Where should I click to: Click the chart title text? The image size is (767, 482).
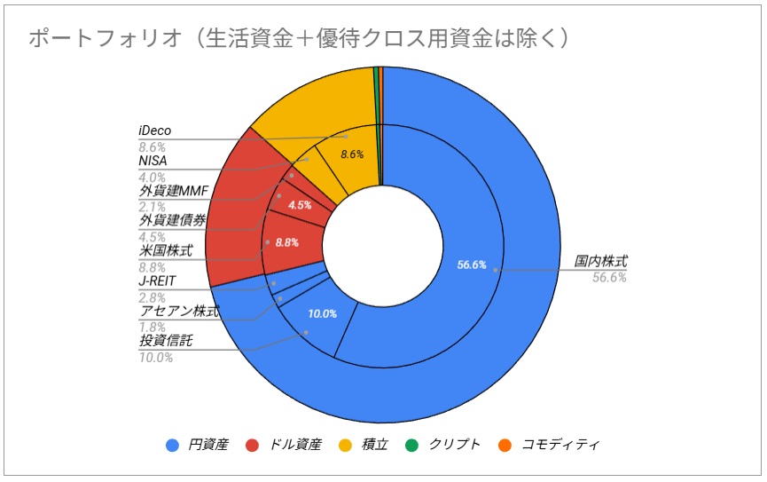click(298, 38)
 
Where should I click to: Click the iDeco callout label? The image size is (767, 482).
click(155, 130)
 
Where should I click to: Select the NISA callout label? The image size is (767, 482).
click(153, 161)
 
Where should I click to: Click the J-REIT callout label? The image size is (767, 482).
click(157, 281)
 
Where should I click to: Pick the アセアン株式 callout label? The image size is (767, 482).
click(179, 312)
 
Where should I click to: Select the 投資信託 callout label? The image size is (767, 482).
click(166, 342)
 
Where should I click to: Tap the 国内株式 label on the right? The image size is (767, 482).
click(600, 262)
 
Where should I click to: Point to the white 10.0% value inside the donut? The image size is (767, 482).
click(322, 314)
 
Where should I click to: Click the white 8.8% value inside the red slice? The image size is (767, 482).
click(286, 241)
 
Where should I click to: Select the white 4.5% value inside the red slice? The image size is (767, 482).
click(300, 204)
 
